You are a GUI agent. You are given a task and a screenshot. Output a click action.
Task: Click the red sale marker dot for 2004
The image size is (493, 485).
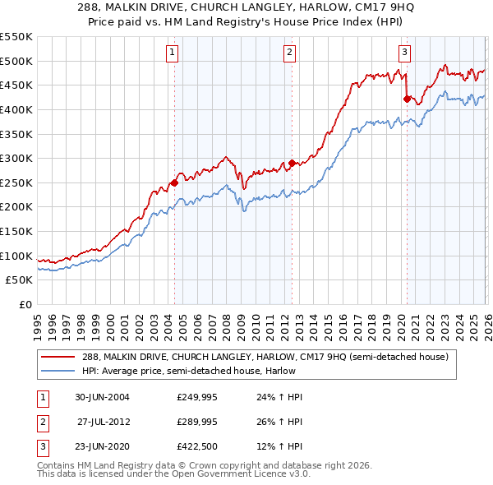pos(174,183)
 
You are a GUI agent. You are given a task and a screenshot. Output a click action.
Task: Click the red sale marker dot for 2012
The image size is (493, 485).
pos(292,164)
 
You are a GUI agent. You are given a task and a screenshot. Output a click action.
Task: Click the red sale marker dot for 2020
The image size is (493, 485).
pos(406,99)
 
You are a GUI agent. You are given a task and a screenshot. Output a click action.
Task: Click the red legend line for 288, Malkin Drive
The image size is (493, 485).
pos(59,357)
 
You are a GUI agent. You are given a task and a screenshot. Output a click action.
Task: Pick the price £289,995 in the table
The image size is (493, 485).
pos(197,423)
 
